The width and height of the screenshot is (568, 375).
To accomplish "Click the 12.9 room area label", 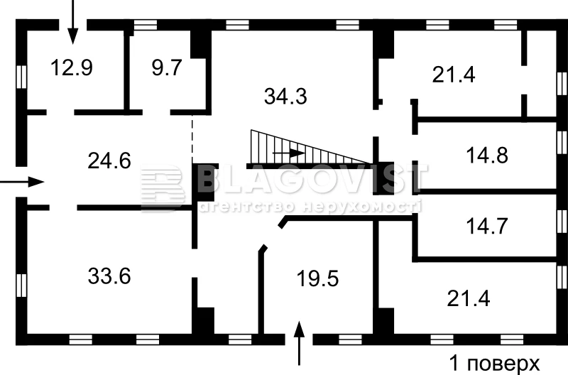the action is (72, 67).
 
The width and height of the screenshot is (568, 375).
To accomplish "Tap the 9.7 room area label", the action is (167, 67).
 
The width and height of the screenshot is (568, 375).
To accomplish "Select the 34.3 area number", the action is (285, 97).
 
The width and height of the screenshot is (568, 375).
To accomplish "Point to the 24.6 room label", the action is (109, 161).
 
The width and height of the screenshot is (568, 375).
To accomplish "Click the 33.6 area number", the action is (109, 276).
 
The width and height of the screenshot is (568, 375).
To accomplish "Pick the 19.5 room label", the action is (317, 279).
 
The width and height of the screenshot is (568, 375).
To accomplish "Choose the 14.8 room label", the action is (487, 155).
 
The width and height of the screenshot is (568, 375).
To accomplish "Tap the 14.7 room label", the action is (487, 226).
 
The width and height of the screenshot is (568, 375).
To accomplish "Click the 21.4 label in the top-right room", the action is (454, 75).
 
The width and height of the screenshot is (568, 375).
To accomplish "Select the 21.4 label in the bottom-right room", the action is (469, 298).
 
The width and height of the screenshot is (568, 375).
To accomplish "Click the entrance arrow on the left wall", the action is (22, 182).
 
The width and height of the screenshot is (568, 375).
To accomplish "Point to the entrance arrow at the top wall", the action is (73, 22).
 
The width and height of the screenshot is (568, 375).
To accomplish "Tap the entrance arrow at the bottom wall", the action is (299, 343).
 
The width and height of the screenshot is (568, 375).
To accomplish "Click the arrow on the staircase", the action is (289, 153).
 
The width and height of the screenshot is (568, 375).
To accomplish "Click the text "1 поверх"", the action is (494, 363).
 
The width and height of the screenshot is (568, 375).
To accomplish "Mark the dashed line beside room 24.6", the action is (192, 138).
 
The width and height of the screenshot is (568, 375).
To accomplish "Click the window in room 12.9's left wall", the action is (21, 77).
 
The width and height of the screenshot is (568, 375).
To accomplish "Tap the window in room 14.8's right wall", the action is (562, 143).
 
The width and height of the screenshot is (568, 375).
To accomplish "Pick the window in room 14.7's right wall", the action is (562, 221).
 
